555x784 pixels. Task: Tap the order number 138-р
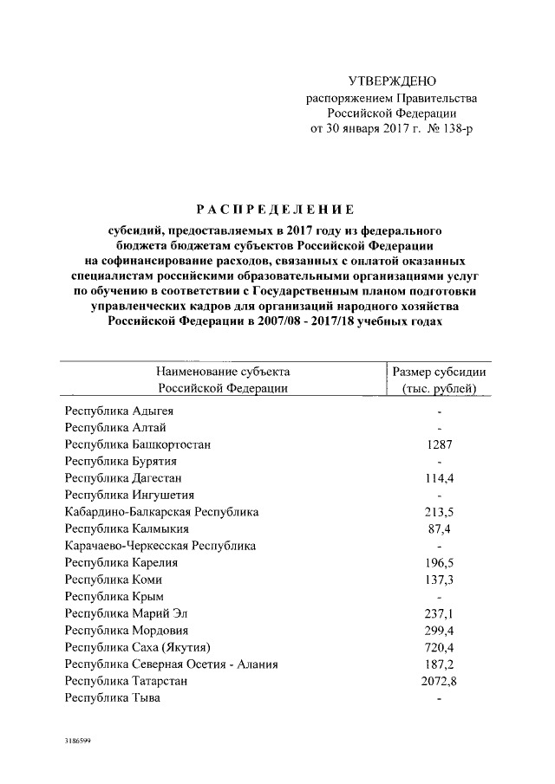(456, 130)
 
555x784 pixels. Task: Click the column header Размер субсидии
(440, 372)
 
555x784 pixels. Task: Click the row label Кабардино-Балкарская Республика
(161, 512)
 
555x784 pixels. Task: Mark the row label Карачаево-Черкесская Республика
(160, 546)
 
